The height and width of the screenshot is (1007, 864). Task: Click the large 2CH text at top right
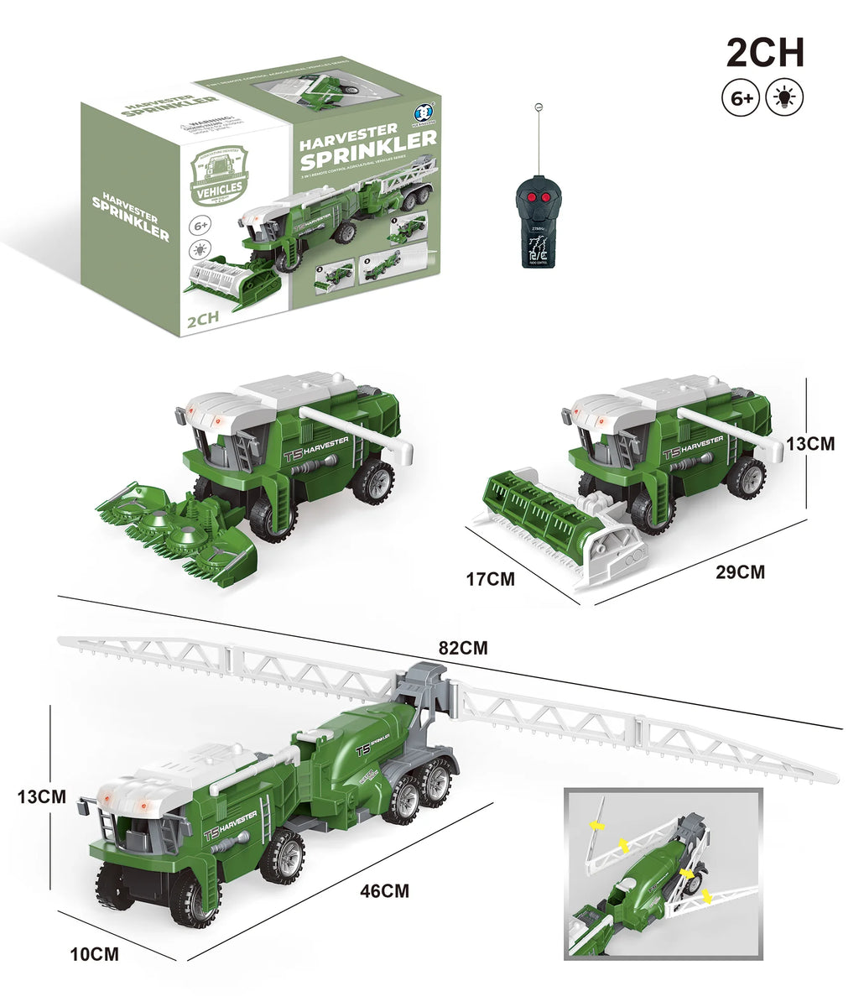[x=765, y=53]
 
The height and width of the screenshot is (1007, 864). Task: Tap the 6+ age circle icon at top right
[x=740, y=98]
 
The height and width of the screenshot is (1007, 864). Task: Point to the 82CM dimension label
[x=462, y=648]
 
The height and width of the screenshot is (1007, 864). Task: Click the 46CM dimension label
[x=384, y=890]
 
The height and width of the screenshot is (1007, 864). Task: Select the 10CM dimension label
[x=93, y=954]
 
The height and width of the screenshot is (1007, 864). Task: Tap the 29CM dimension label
[x=740, y=572]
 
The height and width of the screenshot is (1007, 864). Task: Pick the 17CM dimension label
[x=490, y=578]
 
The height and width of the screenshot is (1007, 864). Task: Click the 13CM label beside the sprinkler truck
[x=41, y=797]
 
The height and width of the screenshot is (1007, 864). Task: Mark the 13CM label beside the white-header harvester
[x=810, y=443]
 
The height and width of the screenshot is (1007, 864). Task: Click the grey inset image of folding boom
[x=663, y=874]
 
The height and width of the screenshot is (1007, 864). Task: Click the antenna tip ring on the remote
[x=536, y=107]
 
